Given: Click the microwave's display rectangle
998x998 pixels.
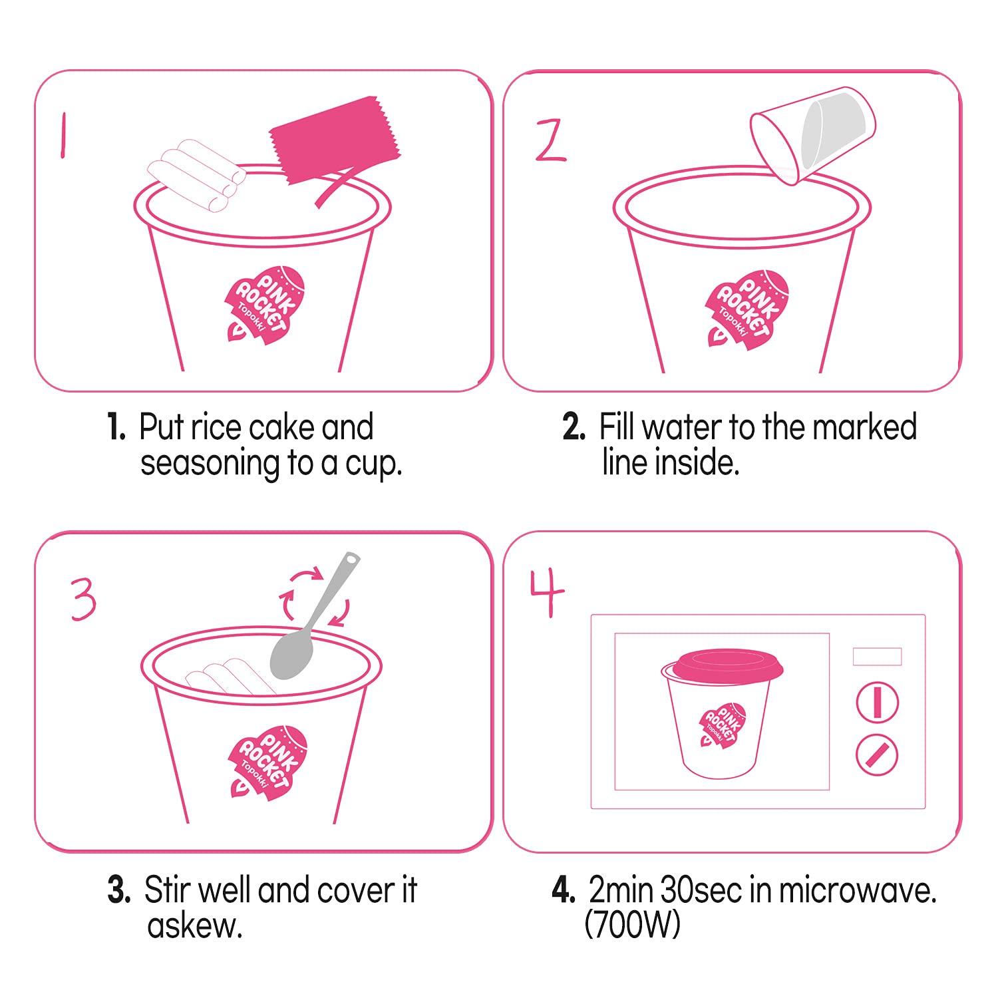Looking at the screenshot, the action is pos(877,656).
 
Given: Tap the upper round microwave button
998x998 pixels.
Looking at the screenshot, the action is pos(877,703).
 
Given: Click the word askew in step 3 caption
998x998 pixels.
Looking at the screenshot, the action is pos(195,925).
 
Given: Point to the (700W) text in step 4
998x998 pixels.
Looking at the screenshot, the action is pos(632,925).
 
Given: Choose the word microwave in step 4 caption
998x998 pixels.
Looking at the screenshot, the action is pos(858,892).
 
